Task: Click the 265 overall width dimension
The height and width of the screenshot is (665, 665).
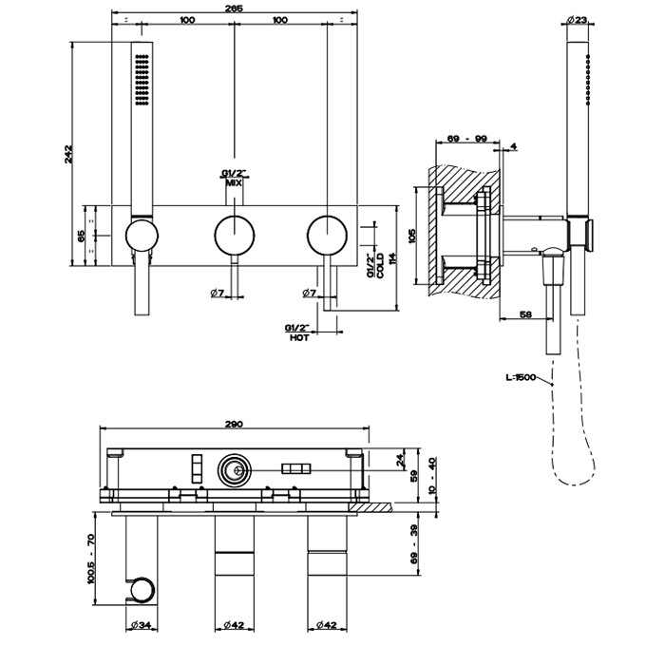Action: (235, 9)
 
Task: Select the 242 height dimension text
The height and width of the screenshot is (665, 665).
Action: (69, 154)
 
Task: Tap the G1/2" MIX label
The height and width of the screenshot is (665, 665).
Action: (234, 177)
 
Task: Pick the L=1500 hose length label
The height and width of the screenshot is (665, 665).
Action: (522, 378)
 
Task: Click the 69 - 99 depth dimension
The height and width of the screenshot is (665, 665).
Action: (466, 140)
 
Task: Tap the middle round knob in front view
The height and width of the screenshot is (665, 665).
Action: (234, 234)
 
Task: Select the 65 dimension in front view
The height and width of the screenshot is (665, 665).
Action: (82, 235)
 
